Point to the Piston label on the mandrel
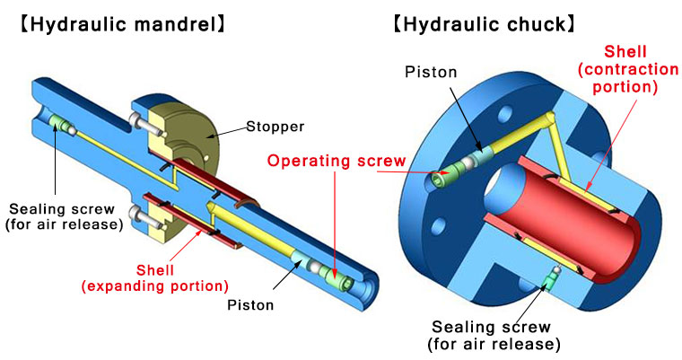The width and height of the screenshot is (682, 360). pos(249,304)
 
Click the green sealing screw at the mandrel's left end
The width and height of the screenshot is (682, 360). pos(59,125)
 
